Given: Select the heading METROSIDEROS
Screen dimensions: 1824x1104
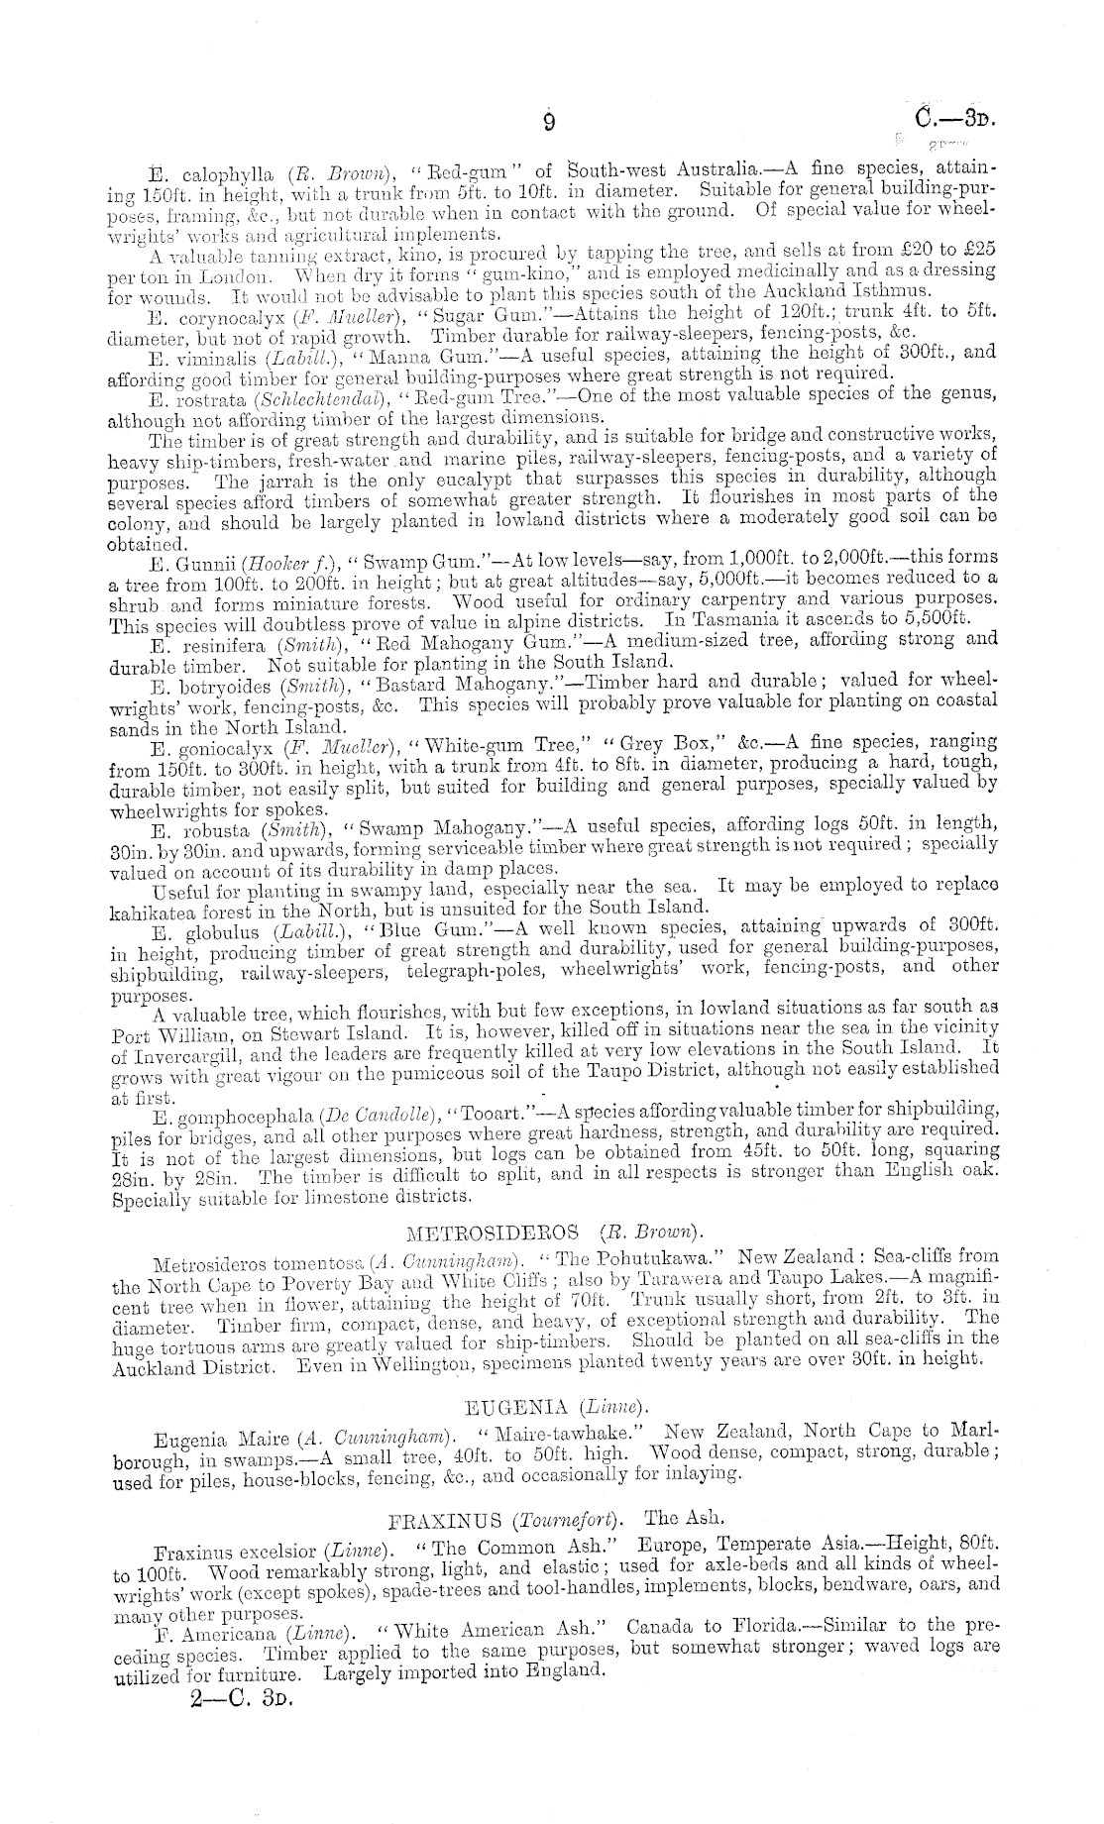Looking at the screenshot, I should [493, 1234].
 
